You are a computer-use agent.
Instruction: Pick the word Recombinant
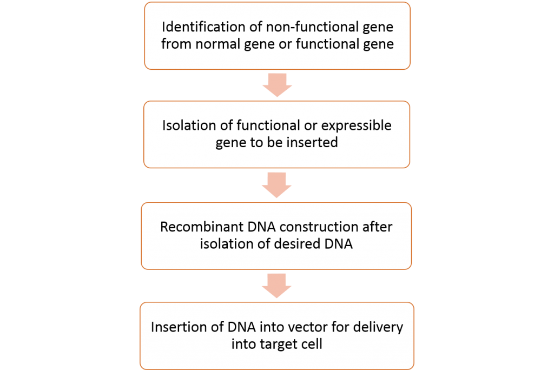pos(202,227)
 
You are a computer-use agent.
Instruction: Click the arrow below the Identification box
pos(278,85)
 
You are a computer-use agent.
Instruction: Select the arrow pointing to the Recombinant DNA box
pos(276,185)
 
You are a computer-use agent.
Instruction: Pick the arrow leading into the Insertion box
pos(276,286)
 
